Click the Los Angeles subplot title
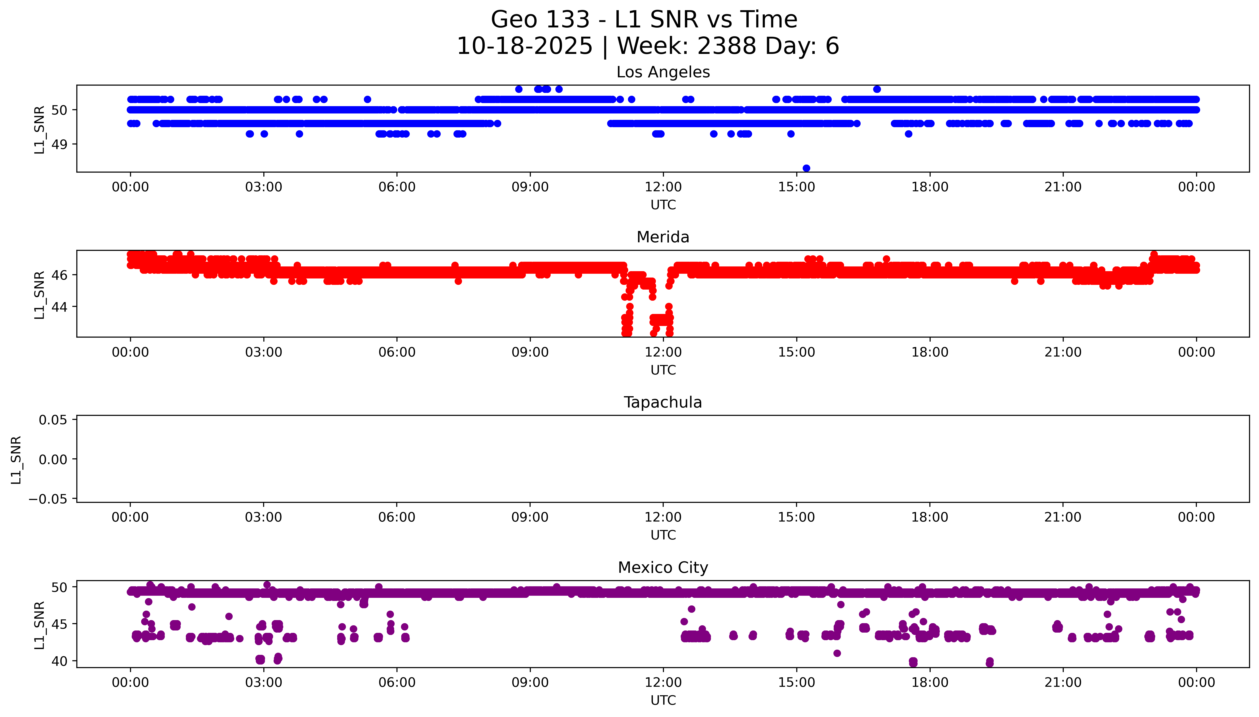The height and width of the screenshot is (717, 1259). tap(663, 72)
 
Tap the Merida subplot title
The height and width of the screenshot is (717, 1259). tap(663, 237)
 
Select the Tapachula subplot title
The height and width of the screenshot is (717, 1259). tap(663, 402)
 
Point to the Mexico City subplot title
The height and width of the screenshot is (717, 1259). tap(663, 568)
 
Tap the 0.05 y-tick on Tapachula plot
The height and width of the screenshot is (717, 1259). tap(53, 420)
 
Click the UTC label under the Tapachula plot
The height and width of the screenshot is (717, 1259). tap(663, 535)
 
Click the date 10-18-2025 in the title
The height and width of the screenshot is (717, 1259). tap(524, 46)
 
